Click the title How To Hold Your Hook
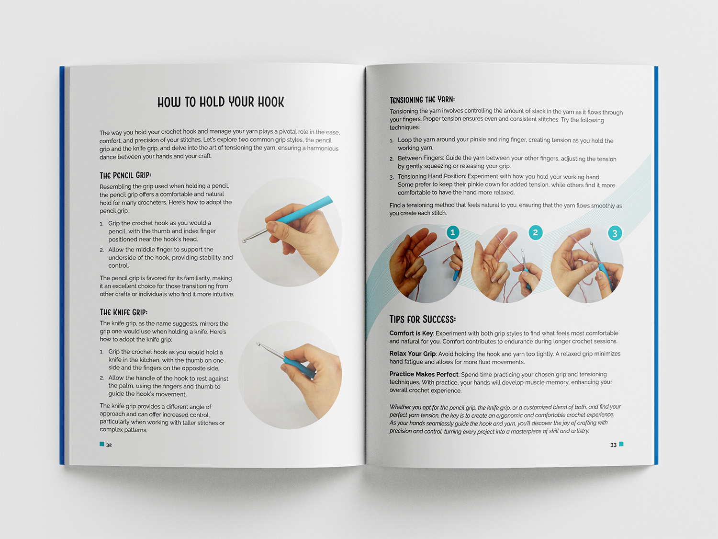pos(221,102)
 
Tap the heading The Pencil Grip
pos(125,175)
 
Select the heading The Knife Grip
pos(123,312)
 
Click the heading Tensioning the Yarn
pos(422,100)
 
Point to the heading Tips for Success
pos(422,319)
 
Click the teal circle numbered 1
pos(453,232)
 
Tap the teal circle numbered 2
pos(536,232)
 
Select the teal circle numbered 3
pos(615,233)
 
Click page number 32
pos(109,445)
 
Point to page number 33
pos(613,445)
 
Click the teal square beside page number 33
pos(621,444)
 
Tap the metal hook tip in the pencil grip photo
pos(244,241)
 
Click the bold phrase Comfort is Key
pos(411,333)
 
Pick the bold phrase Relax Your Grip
pos(412,354)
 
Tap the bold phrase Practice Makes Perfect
pos(424,374)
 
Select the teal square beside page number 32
pos(102,444)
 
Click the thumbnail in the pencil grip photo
pos(272,226)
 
